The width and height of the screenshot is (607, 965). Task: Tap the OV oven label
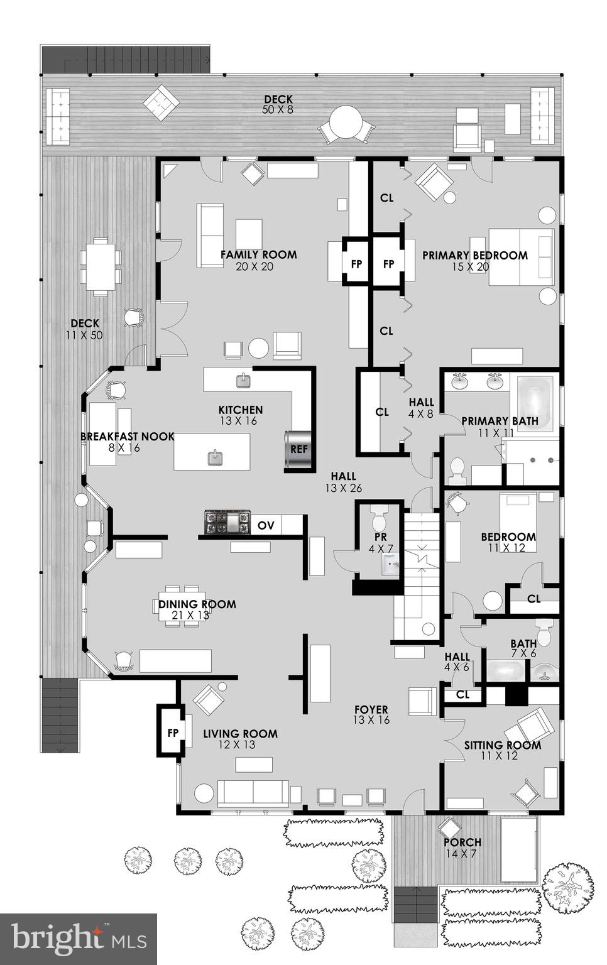click(266, 525)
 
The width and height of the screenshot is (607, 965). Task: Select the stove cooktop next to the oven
click(227, 523)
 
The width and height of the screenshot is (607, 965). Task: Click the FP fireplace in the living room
click(173, 732)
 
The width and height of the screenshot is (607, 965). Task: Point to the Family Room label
click(258, 255)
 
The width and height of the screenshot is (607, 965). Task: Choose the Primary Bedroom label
click(474, 256)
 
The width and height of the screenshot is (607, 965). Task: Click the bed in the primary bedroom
click(521, 256)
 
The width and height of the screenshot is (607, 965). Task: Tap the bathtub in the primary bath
click(535, 403)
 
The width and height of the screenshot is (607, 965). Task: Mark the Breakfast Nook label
click(127, 437)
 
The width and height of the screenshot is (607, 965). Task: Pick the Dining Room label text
click(197, 604)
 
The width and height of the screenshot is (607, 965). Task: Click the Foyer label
click(371, 710)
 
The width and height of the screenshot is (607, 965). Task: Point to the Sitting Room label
click(502, 746)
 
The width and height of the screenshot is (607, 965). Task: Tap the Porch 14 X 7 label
click(462, 842)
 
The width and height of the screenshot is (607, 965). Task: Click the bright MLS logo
click(78, 939)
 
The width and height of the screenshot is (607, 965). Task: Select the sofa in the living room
click(253, 793)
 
